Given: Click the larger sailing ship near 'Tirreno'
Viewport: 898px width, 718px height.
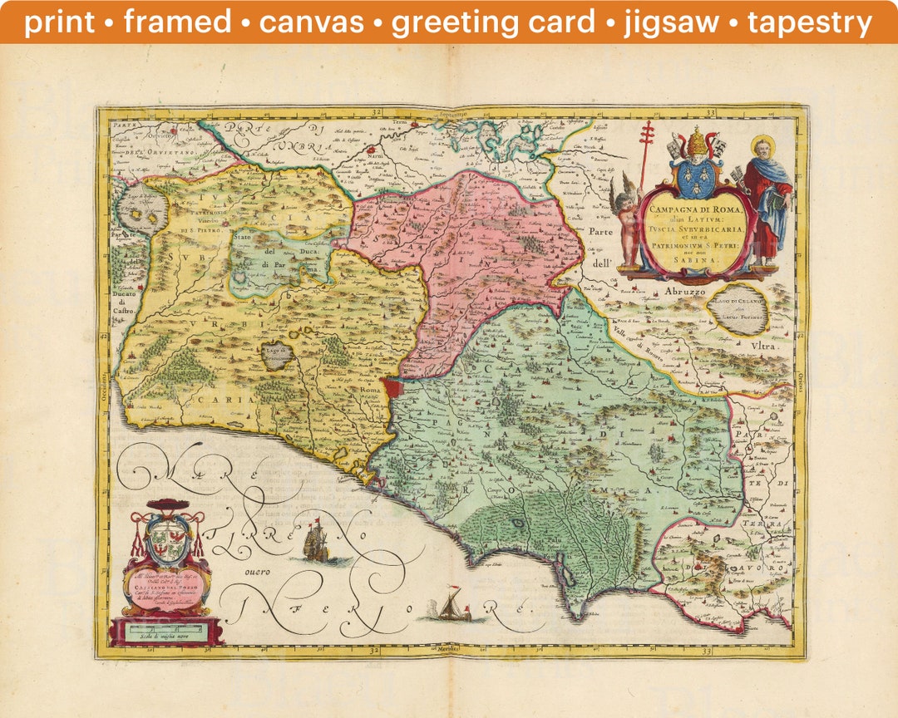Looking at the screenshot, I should click(x=317, y=543).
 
